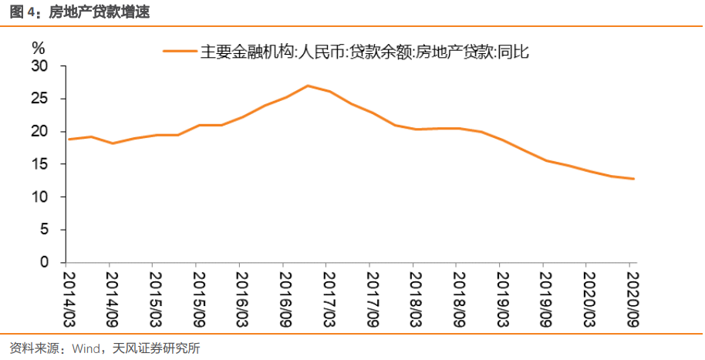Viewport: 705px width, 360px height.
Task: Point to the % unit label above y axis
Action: pyautogui.click(x=38, y=48)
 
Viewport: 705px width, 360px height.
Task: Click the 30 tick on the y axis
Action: pyautogui.click(x=39, y=66)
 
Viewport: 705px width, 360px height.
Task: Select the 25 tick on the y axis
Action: pyautogui.click(x=39, y=99)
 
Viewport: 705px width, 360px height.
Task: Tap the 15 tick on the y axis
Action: pyautogui.click(x=39, y=165)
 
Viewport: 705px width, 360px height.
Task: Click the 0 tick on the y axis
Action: pyautogui.click(x=44, y=263)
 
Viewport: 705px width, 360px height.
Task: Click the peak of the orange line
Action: pyautogui.click(x=308, y=86)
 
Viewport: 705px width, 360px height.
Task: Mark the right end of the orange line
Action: pyautogui.click(x=634, y=179)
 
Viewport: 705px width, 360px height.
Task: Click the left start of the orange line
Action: pyautogui.click(x=69, y=140)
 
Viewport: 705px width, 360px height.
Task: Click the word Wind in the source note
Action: pyautogui.click(x=84, y=348)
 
